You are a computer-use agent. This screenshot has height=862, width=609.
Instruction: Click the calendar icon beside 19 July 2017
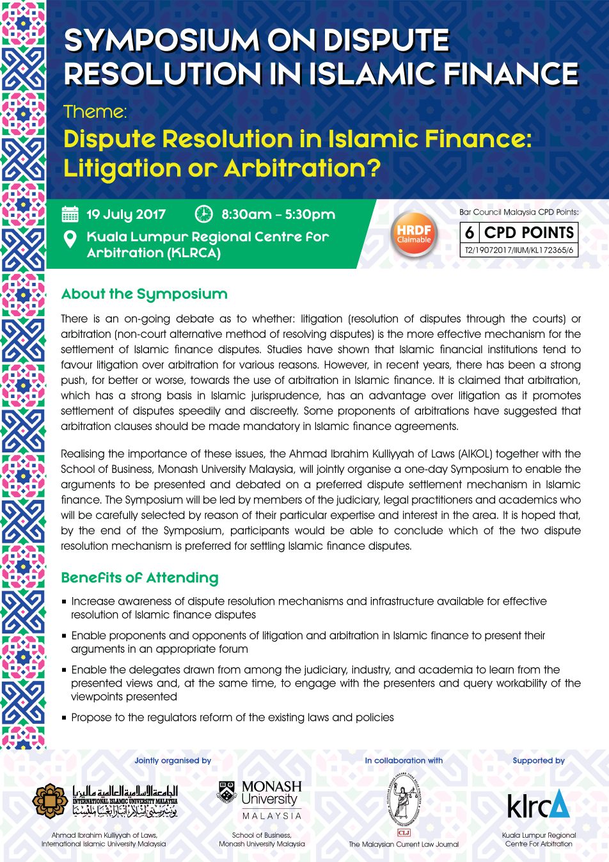click(x=70, y=214)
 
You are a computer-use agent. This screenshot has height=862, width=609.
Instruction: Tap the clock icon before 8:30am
click(x=203, y=214)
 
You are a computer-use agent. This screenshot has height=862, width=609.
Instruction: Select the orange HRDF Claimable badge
click(x=414, y=234)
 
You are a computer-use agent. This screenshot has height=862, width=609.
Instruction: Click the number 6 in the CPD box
click(x=470, y=232)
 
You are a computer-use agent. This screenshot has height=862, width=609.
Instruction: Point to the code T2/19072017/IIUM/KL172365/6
click(x=519, y=250)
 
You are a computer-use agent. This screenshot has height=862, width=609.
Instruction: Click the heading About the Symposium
click(x=145, y=294)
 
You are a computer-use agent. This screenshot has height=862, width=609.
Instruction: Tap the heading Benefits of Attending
click(x=139, y=578)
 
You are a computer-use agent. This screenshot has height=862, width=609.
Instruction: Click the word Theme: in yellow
click(x=95, y=112)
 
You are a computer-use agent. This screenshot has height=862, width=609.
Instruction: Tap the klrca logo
click(x=538, y=804)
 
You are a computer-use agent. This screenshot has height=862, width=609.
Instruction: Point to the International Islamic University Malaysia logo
click(x=106, y=801)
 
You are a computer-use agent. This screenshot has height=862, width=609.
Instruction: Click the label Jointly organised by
click(x=173, y=761)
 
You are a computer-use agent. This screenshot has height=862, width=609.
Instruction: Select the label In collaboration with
click(x=404, y=761)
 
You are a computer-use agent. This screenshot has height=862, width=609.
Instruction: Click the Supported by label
click(x=539, y=761)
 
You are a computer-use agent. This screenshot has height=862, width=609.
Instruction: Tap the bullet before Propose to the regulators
click(x=64, y=718)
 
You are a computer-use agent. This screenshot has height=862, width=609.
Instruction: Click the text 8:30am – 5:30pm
click(x=278, y=214)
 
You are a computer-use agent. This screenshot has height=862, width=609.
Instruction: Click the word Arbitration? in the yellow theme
click(x=302, y=168)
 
